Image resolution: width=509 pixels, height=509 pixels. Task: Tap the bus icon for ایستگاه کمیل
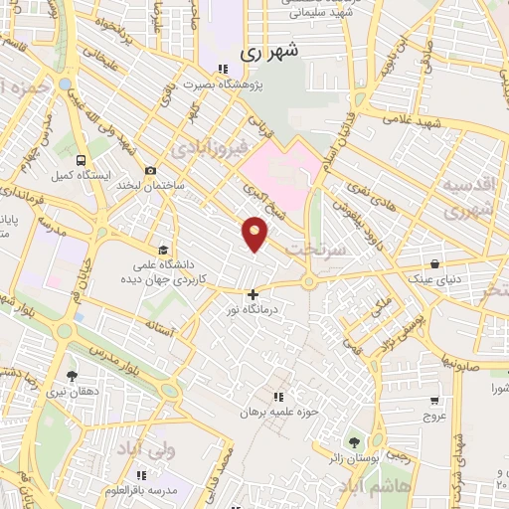click(x=79, y=158)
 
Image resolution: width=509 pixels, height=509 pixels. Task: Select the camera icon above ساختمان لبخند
click(x=150, y=170)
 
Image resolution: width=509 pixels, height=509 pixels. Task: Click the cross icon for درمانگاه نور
click(x=253, y=294)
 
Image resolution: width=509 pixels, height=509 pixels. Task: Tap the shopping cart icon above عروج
click(x=433, y=400)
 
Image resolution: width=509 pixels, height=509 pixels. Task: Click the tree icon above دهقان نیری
click(x=71, y=376)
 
